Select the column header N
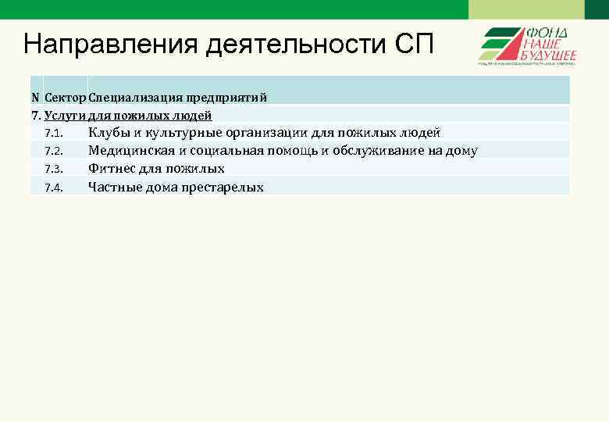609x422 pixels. pos(35,98)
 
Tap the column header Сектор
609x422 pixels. pos(66,98)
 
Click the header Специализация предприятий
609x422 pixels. pos(178,98)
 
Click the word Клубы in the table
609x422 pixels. pos(109,132)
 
